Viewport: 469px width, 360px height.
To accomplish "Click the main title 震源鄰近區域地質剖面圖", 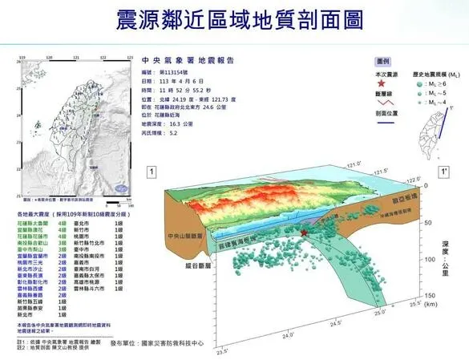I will (234, 18).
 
